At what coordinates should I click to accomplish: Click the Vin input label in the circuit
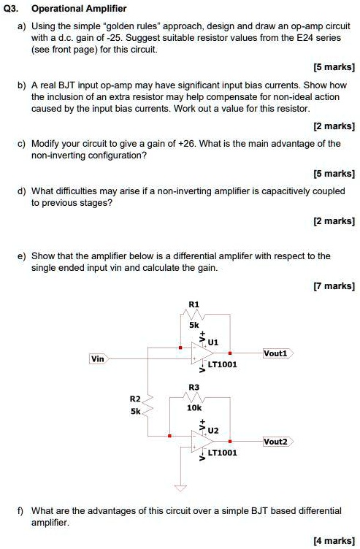[97, 358]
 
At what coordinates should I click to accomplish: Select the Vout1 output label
[276, 353]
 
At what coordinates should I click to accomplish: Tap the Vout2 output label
[276, 442]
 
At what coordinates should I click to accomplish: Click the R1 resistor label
[194, 303]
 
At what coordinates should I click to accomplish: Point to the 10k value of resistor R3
[194, 409]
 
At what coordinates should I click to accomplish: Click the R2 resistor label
[135, 399]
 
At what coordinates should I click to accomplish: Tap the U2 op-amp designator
[213, 431]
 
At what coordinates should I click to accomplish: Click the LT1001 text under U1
[222, 364]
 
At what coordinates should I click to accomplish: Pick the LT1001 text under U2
[222, 453]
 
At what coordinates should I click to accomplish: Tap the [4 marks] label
[333, 540]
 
